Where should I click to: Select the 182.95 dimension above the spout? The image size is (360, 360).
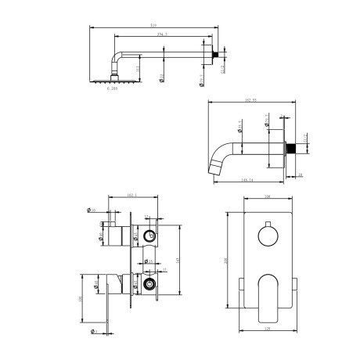click(250, 101)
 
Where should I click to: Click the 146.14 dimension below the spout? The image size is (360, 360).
click(248, 180)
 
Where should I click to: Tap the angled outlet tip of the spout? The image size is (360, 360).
click(216, 164)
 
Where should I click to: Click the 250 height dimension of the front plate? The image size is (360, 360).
click(228, 261)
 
